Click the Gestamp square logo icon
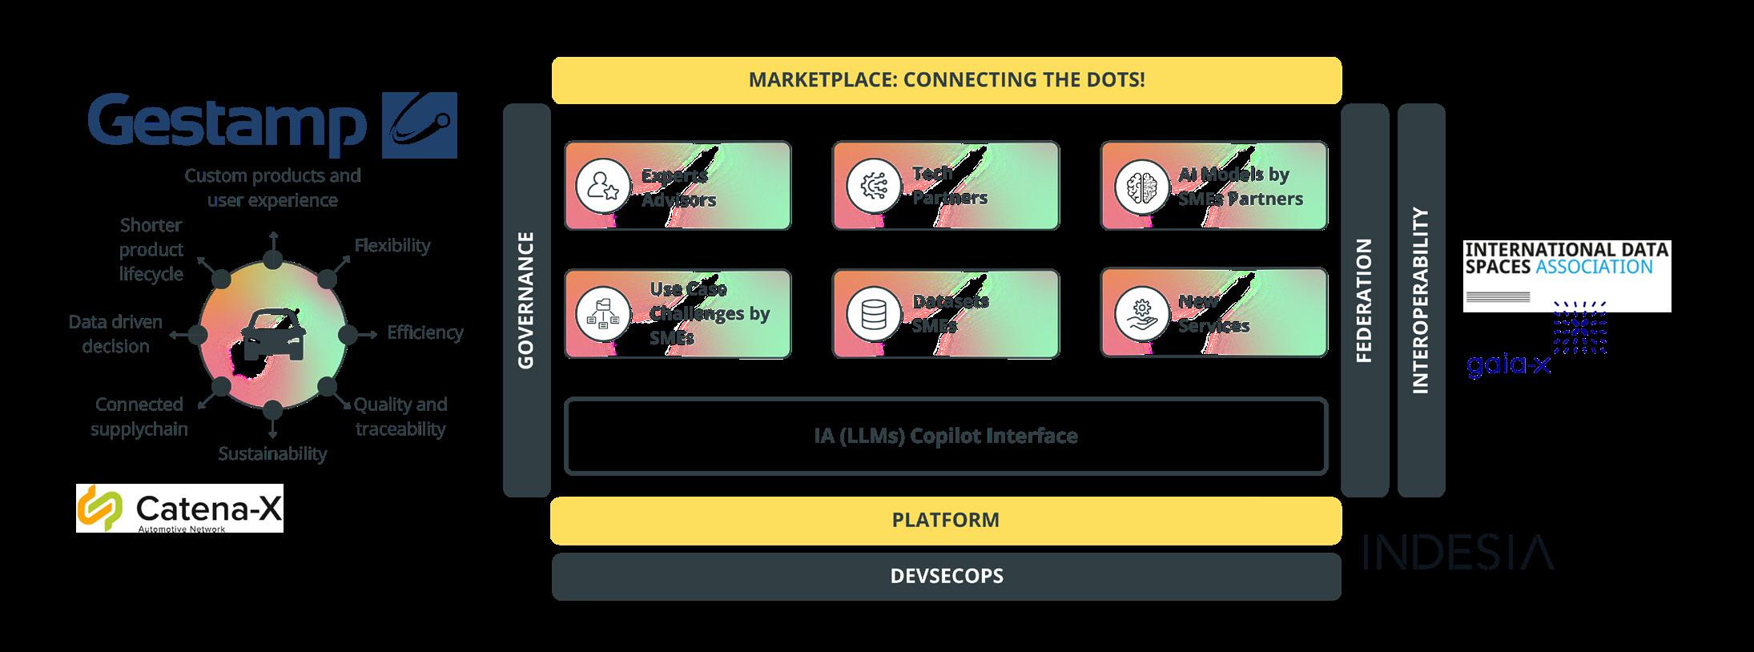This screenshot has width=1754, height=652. pyautogui.click(x=419, y=125)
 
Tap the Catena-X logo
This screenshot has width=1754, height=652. pyautogui.click(x=180, y=508)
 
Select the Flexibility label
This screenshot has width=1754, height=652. pyautogui.click(x=392, y=245)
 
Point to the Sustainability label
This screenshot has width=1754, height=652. pyautogui.click(x=272, y=453)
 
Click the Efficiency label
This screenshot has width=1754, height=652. pyautogui.click(x=424, y=332)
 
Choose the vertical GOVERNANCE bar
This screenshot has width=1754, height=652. pyautogui.click(x=526, y=300)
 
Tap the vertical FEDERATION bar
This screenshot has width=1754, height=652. pyautogui.click(x=1364, y=300)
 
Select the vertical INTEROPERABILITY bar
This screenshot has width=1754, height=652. pyautogui.click(x=1421, y=300)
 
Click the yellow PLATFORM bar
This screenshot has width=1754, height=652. pyautogui.click(x=945, y=520)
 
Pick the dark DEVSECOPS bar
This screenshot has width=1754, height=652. pyautogui.click(x=945, y=576)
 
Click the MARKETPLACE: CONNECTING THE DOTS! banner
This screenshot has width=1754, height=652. pyautogui.click(x=946, y=80)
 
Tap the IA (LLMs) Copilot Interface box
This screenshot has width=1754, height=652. pyautogui.click(x=945, y=436)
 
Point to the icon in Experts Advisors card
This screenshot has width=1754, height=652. pyautogui.click(x=601, y=186)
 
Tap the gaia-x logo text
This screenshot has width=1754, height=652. pyautogui.click(x=1508, y=366)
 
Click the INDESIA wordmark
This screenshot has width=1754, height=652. pyautogui.click(x=1458, y=553)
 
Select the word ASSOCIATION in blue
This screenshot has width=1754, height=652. pyautogui.click(x=1594, y=267)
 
